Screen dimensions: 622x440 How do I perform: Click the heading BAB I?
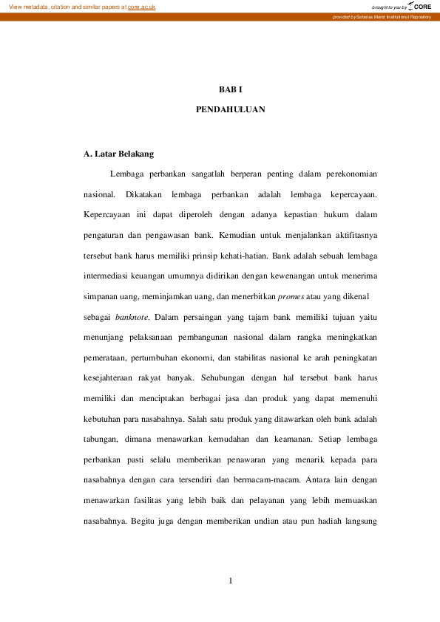[x=230, y=90]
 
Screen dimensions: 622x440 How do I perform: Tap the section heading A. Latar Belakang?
[x=119, y=154]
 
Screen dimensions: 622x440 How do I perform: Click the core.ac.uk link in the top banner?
[x=141, y=6]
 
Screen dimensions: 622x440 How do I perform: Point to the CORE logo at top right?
[x=419, y=6]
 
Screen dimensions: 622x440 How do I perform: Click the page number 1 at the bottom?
[x=231, y=580]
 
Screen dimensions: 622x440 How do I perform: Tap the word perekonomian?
[x=352, y=174]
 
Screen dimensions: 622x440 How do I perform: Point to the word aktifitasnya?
[x=354, y=234]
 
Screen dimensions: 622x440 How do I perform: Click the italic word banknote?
[x=132, y=317]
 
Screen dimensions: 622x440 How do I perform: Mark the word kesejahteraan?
[x=111, y=377]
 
